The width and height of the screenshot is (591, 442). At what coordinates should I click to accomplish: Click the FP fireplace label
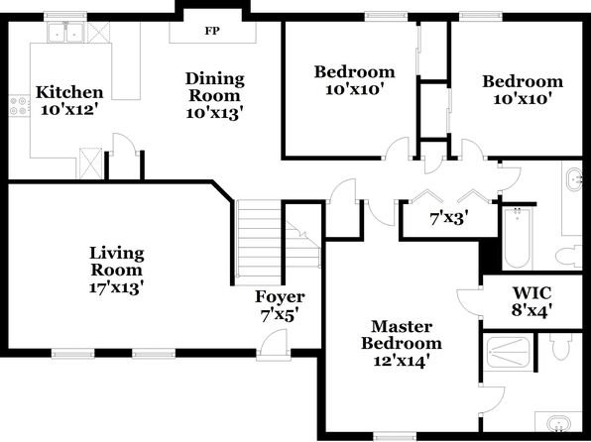(x=212, y=32)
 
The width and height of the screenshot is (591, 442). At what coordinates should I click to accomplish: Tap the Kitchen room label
(x=69, y=92)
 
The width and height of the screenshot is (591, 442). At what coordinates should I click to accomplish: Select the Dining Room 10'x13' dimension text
(x=214, y=113)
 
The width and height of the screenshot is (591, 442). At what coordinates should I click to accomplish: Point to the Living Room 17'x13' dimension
(x=117, y=287)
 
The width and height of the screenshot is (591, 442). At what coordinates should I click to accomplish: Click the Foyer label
(x=280, y=297)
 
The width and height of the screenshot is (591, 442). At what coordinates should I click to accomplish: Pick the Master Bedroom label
(x=402, y=335)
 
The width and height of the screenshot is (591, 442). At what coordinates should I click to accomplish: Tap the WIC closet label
(x=532, y=292)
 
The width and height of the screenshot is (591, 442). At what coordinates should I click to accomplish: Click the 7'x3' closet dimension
(x=449, y=218)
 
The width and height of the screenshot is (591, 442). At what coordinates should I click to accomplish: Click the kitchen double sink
(x=65, y=33)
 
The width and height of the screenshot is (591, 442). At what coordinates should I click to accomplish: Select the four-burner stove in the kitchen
(x=19, y=106)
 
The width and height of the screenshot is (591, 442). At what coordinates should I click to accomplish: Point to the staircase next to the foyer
(x=258, y=242)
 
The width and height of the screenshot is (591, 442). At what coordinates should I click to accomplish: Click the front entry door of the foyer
(x=274, y=343)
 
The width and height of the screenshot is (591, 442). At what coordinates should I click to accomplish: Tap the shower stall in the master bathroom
(x=508, y=353)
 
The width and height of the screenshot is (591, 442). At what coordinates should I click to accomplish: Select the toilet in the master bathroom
(x=562, y=346)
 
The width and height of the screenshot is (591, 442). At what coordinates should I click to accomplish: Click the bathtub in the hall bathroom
(x=517, y=238)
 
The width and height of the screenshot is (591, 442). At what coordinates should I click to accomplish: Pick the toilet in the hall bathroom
(x=568, y=257)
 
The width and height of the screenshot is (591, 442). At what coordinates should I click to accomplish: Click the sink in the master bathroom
(x=559, y=423)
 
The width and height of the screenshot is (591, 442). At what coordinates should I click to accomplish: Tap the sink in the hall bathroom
(x=574, y=180)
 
